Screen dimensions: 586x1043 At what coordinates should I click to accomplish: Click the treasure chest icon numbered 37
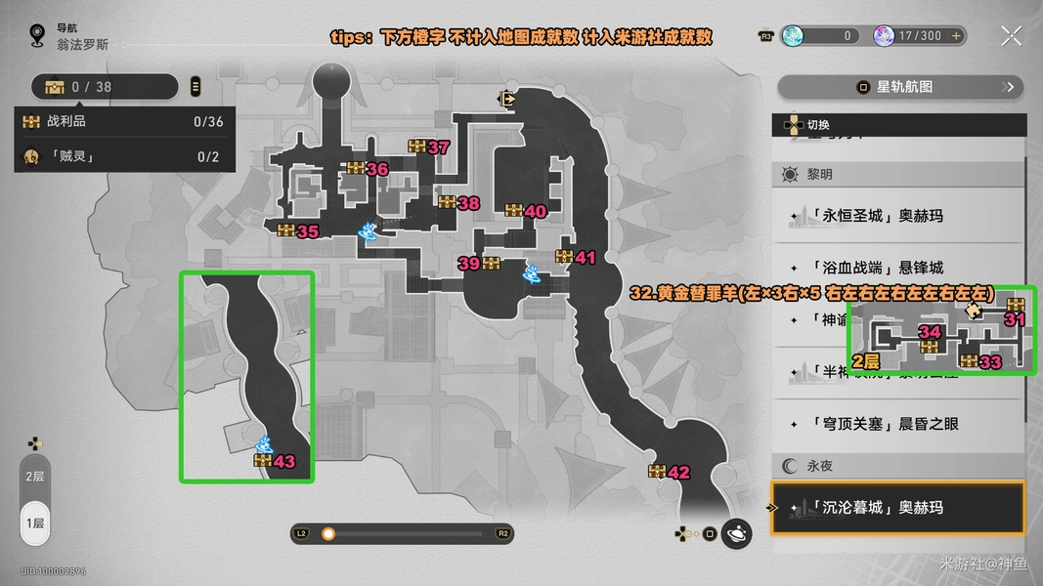(x=418, y=146)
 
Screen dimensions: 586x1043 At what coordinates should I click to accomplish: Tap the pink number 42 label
(x=678, y=473)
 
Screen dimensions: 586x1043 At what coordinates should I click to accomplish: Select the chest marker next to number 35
(x=285, y=231)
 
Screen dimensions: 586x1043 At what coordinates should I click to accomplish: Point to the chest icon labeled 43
(x=262, y=461)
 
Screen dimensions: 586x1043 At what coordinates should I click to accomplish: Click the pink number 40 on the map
(x=535, y=211)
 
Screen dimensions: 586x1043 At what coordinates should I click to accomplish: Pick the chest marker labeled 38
(x=447, y=203)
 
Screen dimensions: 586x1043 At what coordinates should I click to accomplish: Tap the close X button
(x=1011, y=36)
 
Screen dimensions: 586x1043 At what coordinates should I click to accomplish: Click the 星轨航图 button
(x=900, y=87)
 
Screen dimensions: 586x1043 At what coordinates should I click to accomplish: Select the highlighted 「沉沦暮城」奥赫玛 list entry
(x=897, y=508)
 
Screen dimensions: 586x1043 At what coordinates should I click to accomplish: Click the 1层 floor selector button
(x=34, y=523)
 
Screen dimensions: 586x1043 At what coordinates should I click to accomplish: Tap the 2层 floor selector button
(x=34, y=477)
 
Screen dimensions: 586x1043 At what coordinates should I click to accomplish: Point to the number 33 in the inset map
(x=990, y=362)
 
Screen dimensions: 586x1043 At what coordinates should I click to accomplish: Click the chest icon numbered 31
(x=1016, y=304)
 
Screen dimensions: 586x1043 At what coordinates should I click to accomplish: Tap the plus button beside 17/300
(x=957, y=36)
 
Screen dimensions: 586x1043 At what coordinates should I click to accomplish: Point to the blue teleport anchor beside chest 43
(x=263, y=443)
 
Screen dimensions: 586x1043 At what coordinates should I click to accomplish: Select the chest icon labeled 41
(x=563, y=257)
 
